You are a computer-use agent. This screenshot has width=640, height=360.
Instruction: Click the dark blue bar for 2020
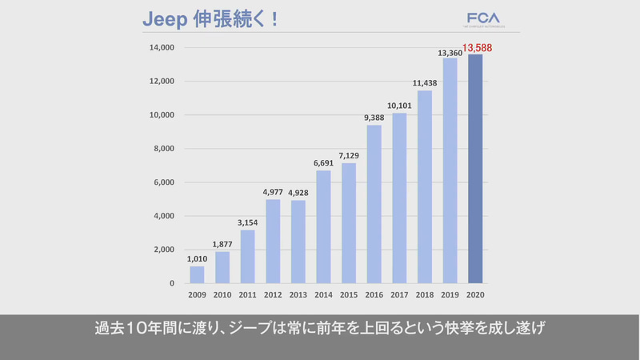475,169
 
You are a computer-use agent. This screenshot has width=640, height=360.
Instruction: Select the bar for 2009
197,274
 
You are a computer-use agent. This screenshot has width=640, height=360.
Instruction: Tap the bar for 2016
374,204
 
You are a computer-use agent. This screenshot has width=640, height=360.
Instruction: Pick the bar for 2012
273,241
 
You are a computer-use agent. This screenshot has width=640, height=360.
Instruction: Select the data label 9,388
374,118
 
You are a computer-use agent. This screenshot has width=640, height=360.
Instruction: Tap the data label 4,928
298,193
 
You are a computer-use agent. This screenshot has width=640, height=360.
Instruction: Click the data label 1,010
197,259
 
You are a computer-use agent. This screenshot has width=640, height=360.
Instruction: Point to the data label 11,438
424,83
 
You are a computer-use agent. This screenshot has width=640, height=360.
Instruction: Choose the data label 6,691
323,163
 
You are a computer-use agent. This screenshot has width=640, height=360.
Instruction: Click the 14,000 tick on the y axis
161,48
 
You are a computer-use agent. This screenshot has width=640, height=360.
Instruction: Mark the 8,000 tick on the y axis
163,149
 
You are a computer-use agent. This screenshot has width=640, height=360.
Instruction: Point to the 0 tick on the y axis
172,283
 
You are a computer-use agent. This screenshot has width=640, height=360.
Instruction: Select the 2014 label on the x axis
323,295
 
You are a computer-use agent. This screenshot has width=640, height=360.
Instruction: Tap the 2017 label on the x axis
399,295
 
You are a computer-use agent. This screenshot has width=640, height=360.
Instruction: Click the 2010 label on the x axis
222,295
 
